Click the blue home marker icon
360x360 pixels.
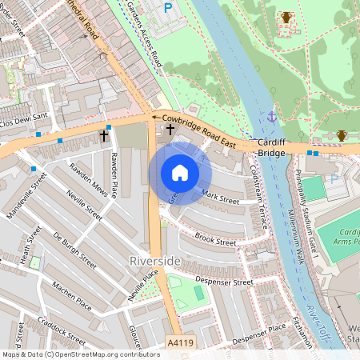pos(180,173)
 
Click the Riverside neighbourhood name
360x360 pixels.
pos(154,262)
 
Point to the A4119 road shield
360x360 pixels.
pos(181,342)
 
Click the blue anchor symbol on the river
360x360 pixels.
pos(271,117)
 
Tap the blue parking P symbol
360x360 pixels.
pos(168,8)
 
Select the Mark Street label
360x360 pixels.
pos(221,194)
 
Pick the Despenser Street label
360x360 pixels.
pos(224,282)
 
